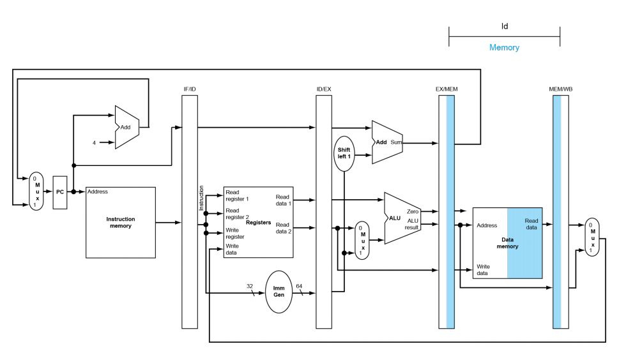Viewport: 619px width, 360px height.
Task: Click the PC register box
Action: tap(60, 192)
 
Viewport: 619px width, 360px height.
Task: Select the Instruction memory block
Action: tap(120, 222)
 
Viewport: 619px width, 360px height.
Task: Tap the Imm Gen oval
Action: tap(279, 292)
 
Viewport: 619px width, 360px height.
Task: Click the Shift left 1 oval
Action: tap(344, 153)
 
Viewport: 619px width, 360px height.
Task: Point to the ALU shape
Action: tap(402, 218)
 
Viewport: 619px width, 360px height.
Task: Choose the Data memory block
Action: tap(507, 243)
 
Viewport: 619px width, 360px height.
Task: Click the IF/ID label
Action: tap(190, 89)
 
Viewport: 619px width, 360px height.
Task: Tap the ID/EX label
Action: tap(324, 89)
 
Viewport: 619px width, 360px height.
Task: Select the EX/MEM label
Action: tap(447, 89)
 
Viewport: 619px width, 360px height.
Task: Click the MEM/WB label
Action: tap(561, 89)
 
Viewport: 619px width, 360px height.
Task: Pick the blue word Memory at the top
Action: tap(504, 47)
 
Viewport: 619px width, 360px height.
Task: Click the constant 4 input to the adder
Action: tap(94, 143)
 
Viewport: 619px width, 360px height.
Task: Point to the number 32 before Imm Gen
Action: tap(250, 286)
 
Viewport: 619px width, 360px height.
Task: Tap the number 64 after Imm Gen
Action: tap(299, 286)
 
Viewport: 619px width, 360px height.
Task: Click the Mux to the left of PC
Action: tap(36, 191)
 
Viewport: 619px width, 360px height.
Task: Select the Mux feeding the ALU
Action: tap(362, 241)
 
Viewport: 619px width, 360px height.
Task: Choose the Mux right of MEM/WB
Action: tap(592, 237)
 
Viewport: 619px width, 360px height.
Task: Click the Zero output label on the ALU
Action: tap(413, 212)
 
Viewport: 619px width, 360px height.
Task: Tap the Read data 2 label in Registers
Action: tap(284, 228)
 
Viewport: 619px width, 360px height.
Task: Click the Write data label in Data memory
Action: tap(483, 270)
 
